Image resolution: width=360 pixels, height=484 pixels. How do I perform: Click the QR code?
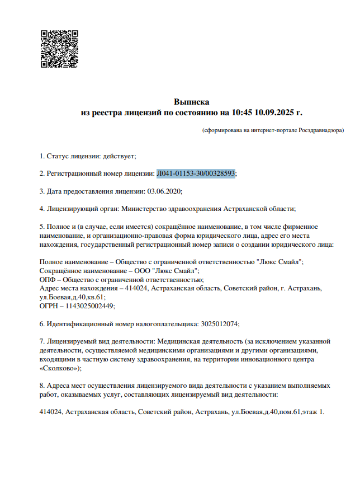[59, 49]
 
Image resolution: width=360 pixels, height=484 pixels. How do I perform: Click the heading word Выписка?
[192, 102]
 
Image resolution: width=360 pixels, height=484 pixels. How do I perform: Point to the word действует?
[119, 156]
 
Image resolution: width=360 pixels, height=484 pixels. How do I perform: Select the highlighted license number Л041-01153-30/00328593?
[196, 173]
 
